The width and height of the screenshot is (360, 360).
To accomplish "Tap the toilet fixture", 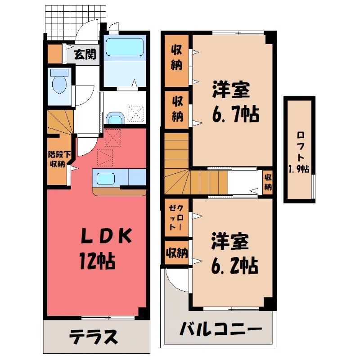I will click(x=58, y=82).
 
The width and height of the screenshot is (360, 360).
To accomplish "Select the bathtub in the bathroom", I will click(x=125, y=48).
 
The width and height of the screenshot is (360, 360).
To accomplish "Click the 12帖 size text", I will click(x=97, y=260).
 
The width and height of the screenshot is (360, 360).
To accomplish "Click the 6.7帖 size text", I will click(x=235, y=115).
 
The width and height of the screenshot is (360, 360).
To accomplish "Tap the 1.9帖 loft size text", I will click(x=300, y=169).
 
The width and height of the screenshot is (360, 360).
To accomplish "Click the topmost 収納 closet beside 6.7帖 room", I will click(x=176, y=59).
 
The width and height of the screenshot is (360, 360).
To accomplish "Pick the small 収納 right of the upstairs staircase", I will click(x=268, y=182).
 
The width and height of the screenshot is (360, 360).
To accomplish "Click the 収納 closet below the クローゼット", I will click(x=176, y=253).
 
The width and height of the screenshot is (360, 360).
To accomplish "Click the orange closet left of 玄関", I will click(x=55, y=54).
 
